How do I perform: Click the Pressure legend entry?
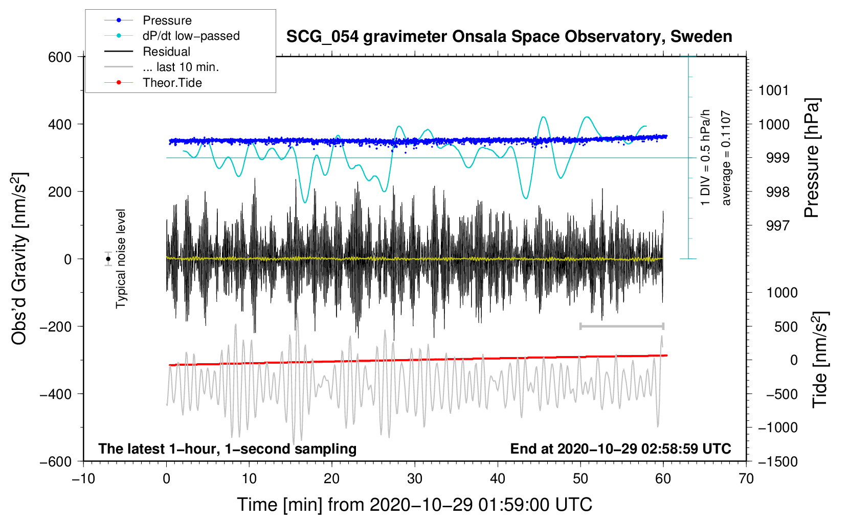click(x=148, y=20)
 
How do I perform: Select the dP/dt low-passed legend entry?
click(x=172, y=36)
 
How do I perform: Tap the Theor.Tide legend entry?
click(x=153, y=83)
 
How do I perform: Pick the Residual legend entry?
click(x=147, y=52)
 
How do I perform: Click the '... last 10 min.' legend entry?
click(x=162, y=67)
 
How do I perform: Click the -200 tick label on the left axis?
click(x=56, y=326)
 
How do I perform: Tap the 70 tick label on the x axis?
click(x=746, y=479)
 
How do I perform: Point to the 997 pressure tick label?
click(x=777, y=226)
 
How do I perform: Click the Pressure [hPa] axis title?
click(x=812, y=158)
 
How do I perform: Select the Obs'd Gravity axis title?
click(x=19, y=258)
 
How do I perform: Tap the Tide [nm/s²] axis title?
click(x=820, y=360)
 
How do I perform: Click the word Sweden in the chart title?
click(x=701, y=37)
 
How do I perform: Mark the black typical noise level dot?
click(x=108, y=259)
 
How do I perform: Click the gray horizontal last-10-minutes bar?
click(x=621, y=326)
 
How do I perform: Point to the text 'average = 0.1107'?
click(x=725, y=158)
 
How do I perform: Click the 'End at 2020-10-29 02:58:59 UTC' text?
click(x=620, y=448)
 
